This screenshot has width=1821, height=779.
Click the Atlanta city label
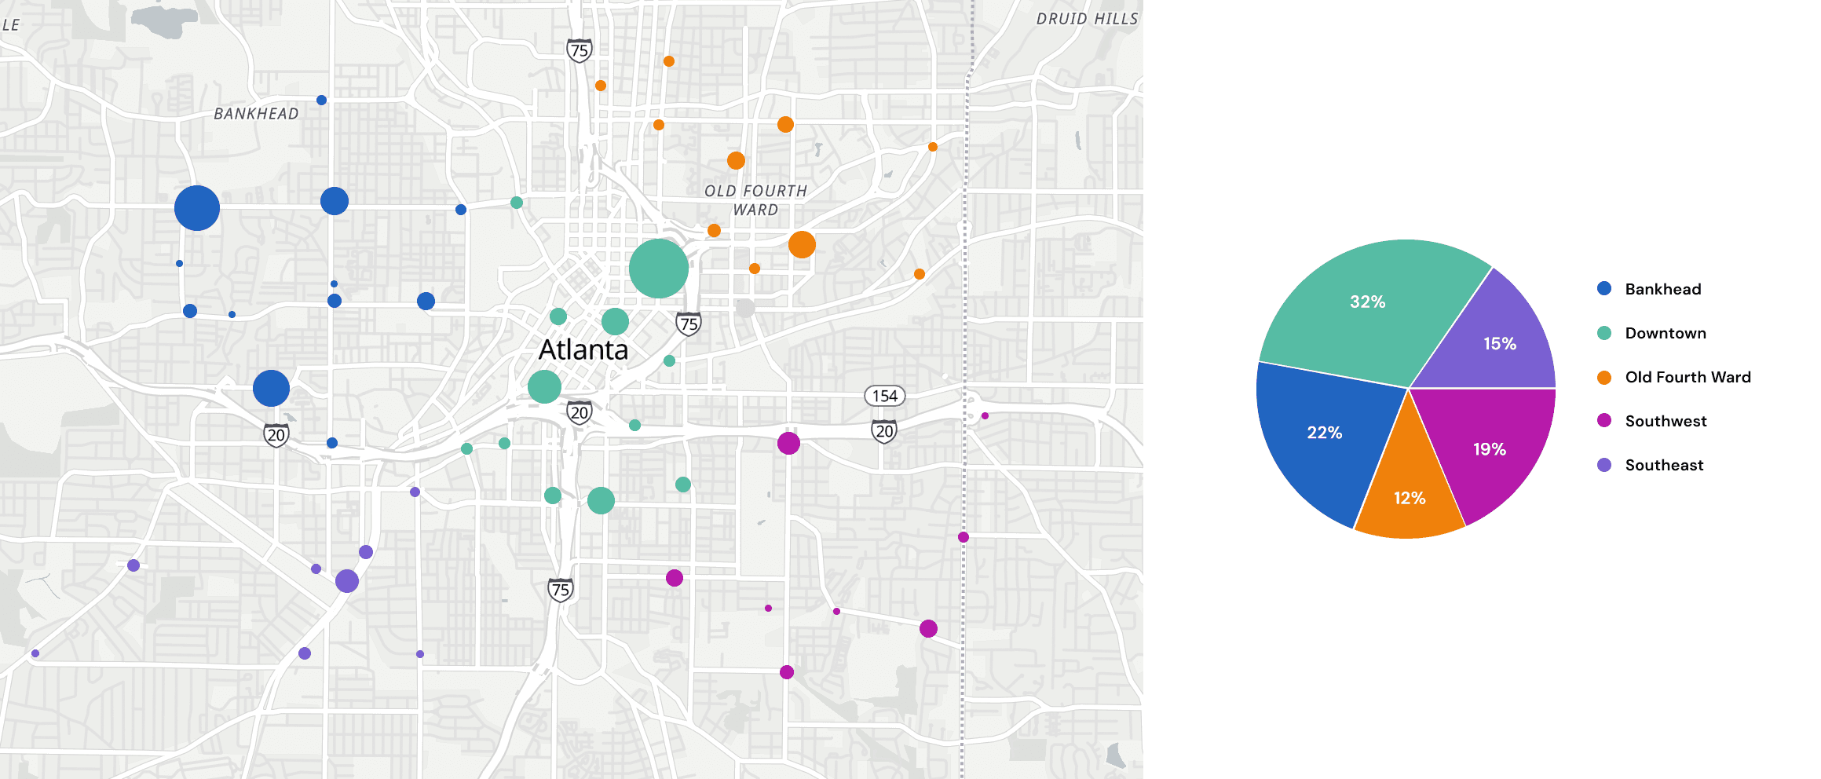click(583, 349)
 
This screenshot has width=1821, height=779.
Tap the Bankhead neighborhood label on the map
click(256, 114)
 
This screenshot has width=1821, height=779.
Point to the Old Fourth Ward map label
click(755, 200)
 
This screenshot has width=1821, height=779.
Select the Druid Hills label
click(1087, 19)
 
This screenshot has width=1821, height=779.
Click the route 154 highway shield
click(884, 396)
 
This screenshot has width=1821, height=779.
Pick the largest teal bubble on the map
click(658, 269)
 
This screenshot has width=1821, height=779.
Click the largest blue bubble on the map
click(196, 208)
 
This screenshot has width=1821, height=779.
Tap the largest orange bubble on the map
click(802, 244)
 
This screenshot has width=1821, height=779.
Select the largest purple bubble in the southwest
click(347, 581)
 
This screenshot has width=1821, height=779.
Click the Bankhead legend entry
click(1662, 289)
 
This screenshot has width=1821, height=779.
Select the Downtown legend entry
click(1665, 333)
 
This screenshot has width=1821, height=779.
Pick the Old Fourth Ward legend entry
click(1687, 377)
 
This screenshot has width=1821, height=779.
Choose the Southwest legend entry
click(1665, 421)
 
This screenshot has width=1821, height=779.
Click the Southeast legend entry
click(1663, 465)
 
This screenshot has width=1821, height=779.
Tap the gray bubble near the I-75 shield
click(745, 308)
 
